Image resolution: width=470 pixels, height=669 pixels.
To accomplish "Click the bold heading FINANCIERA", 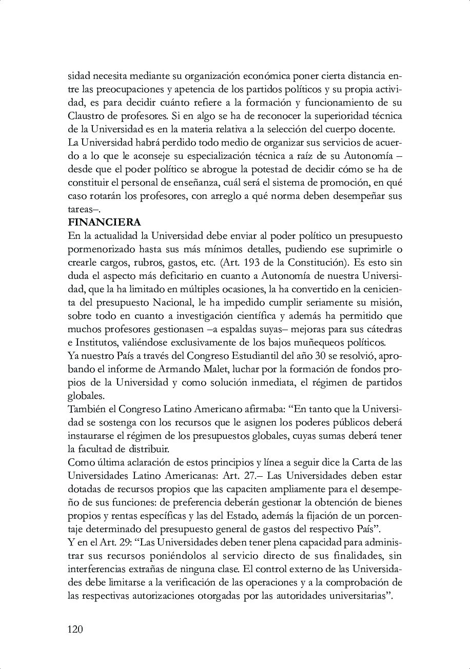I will [x=104, y=223].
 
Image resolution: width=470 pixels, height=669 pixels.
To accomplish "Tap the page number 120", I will [x=75, y=629].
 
